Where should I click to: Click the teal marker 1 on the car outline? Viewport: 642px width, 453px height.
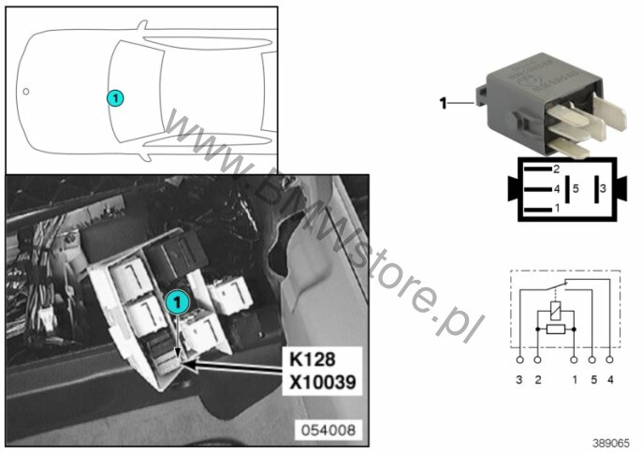point(115,98)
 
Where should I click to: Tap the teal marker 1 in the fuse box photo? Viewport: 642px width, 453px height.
point(177,302)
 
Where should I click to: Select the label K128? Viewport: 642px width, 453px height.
point(313,359)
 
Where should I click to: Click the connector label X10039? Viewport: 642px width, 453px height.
point(323,382)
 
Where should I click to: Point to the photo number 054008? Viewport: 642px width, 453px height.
point(328,431)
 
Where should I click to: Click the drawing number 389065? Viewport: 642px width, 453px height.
point(611,443)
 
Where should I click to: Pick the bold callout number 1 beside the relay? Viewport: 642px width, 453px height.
point(443,103)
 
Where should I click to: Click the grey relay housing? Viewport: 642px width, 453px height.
point(540,98)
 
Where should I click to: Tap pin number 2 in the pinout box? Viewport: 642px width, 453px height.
point(556,168)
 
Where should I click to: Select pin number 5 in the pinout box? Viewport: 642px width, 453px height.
point(576,189)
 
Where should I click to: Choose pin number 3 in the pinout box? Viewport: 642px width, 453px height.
point(603,188)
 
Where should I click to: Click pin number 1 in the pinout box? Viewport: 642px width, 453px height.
point(557,209)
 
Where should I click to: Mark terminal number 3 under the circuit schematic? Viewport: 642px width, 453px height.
point(519,380)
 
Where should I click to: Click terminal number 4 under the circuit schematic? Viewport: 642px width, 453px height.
point(610,380)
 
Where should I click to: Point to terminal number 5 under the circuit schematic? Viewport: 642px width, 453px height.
point(593,380)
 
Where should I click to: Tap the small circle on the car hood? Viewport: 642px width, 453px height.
point(26,92)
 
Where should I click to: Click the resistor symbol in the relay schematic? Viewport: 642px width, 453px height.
point(556,329)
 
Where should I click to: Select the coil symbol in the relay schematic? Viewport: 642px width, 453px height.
point(556,311)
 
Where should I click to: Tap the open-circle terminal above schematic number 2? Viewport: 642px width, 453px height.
point(537,359)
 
